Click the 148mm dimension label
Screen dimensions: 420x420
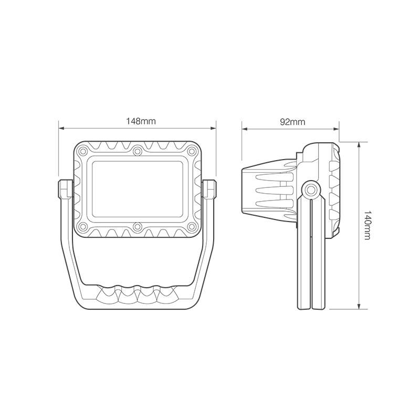(141, 121)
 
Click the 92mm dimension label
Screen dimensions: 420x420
(292, 122)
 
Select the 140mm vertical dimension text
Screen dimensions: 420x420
(367, 225)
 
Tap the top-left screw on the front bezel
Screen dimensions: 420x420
(83, 151)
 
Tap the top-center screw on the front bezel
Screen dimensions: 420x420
(138, 151)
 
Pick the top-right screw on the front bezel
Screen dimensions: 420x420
(192, 151)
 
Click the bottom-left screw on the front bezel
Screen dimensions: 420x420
(83, 227)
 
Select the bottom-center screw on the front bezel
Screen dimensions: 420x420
(138, 227)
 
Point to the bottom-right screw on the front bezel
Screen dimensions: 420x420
(192, 227)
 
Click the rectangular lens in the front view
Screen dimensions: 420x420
(138, 189)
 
